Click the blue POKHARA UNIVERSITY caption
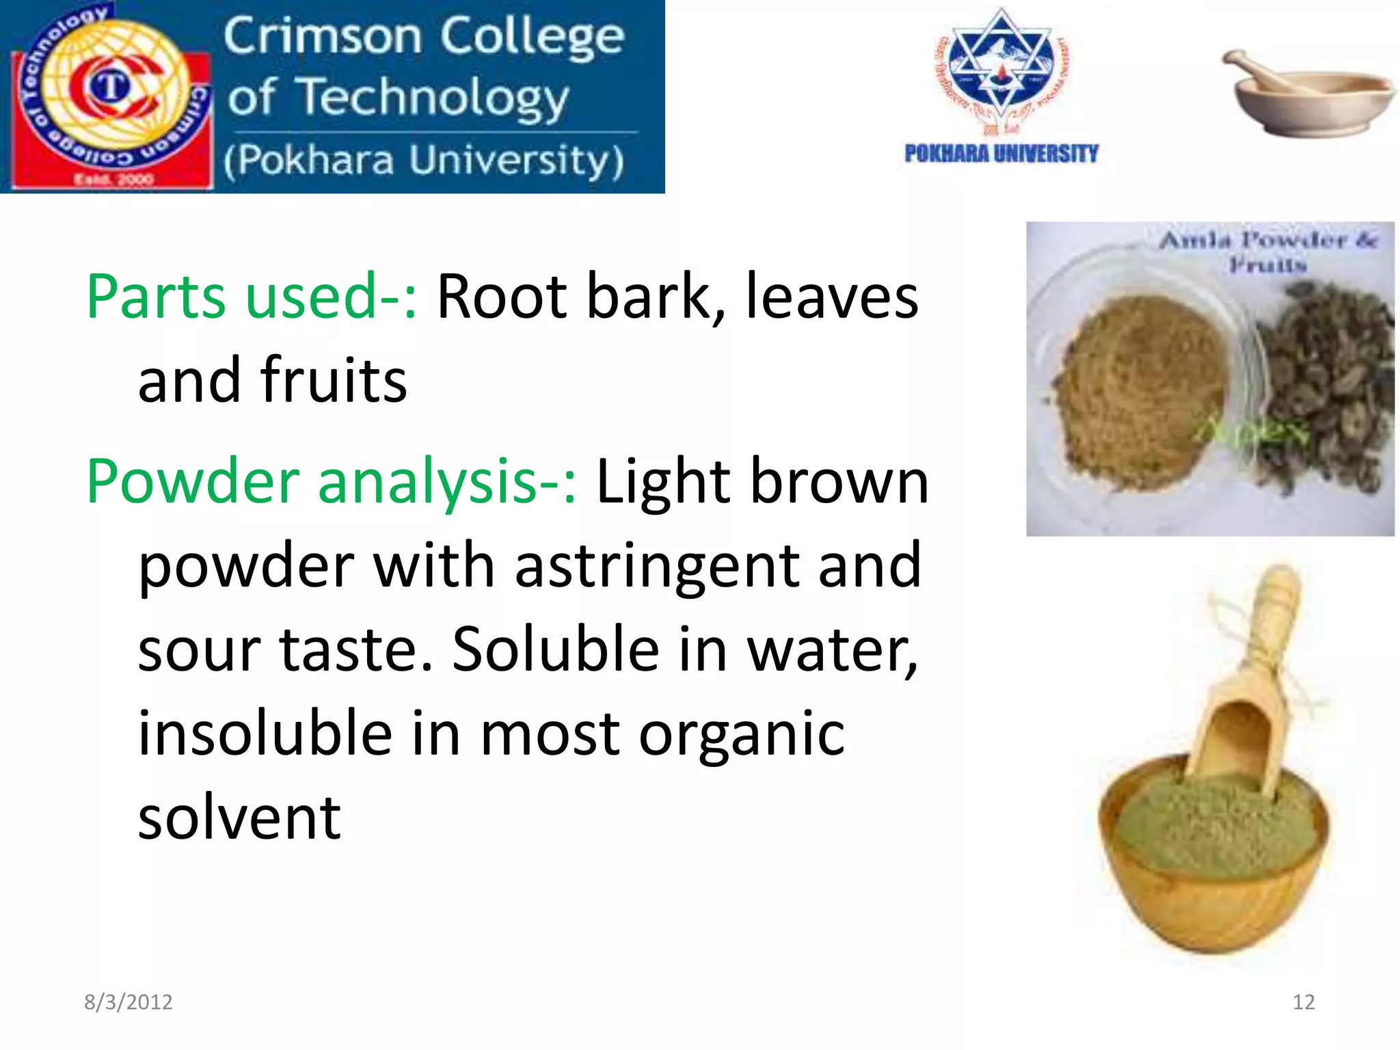(1001, 154)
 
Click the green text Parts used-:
(251, 297)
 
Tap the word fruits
(333, 380)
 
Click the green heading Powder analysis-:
(332, 481)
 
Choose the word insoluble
(265, 733)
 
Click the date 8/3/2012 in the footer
(128, 1002)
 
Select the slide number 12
(1303, 1002)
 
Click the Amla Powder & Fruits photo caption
(1268, 251)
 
